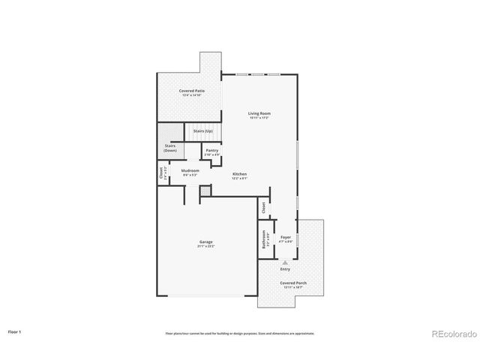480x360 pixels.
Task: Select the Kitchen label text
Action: click(x=239, y=174)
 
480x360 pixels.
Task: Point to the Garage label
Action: click(x=205, y=241)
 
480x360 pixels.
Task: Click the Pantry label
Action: click(x=211, y=150)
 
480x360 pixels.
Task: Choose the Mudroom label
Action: click(x=190, y=170)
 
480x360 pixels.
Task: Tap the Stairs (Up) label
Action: click(x=203, y=131)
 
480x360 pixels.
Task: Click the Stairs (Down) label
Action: click(x=170, y=148)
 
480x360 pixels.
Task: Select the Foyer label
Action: click(x=286, y=238)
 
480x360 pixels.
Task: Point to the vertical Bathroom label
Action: click(x=264, y=239)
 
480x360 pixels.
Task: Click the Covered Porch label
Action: click(x=293, y=283)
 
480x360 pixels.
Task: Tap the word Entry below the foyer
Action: click(x=285, y=268)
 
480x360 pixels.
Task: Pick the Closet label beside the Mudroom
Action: click(x=161, y=173)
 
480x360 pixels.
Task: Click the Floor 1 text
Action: click(x=15, y=331)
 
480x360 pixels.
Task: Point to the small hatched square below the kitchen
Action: click(x=204, y=193)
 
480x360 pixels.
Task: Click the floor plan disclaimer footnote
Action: click(x=240, y=334)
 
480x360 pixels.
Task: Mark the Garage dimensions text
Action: click(x=205, y=246)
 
